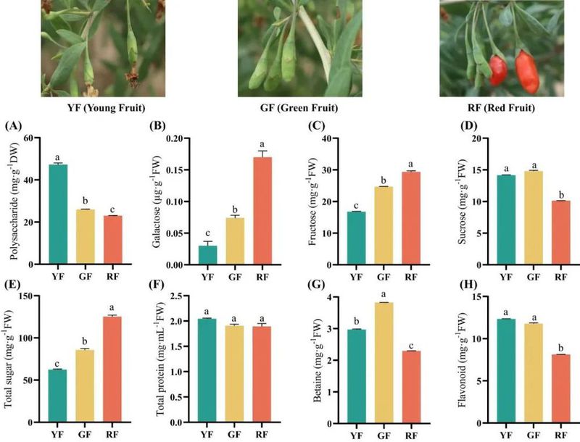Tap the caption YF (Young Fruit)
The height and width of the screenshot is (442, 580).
(x=91, y=109)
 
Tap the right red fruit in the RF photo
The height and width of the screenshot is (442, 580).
(x=527, y=71)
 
